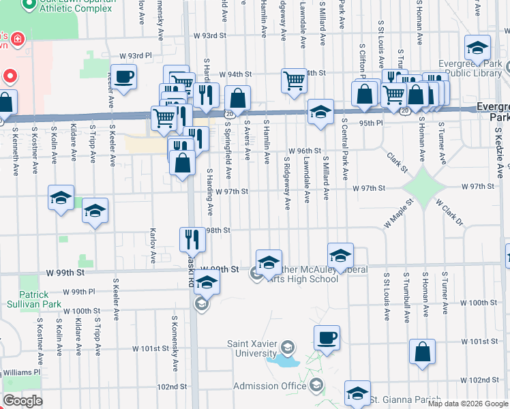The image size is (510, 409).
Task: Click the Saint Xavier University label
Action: click(251, 349)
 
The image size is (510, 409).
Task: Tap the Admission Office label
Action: click(271, 386)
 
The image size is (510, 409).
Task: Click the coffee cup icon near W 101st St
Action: click(327, 337)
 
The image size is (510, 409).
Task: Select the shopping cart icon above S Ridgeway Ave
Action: click(294, 80)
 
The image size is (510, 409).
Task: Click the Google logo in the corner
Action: click(22, 401)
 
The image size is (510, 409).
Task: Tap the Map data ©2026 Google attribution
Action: click(468, 404)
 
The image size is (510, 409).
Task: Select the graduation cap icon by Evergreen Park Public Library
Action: click(477, 47)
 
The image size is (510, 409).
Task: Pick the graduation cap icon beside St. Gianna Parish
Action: click(357, 392)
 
